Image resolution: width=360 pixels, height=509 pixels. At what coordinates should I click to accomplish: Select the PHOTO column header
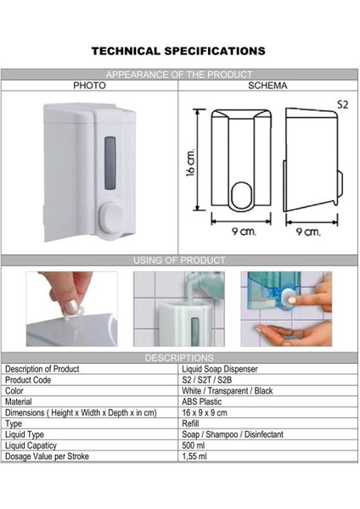click(89, 86)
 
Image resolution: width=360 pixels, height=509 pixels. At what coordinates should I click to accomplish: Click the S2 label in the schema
click(342, 104)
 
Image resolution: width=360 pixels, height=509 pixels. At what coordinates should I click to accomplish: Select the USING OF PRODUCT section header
click(179, 260)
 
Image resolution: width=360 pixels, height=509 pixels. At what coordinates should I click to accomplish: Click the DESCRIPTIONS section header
click(179, 358)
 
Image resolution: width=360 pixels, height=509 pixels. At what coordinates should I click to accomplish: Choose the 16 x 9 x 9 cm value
click(205, 412)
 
